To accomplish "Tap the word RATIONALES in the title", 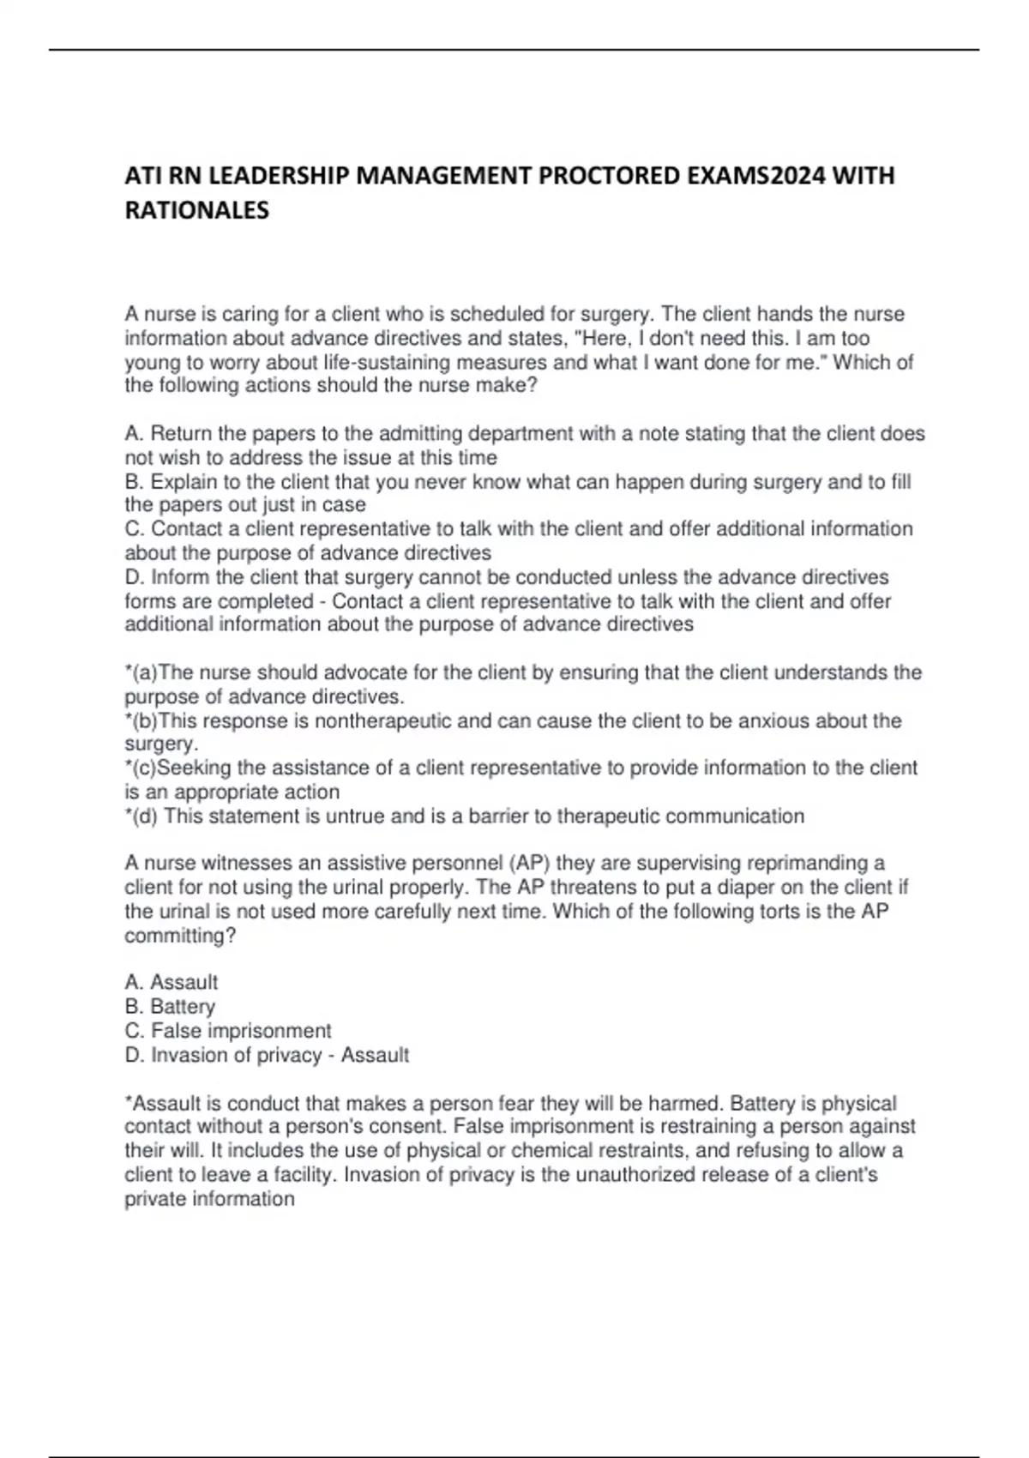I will (196, 210).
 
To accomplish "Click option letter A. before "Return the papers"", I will (135, 434).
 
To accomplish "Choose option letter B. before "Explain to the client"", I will (135, 482).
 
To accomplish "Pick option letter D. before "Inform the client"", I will (135, 577).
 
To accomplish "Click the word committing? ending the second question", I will (180, 936).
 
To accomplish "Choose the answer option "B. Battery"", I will (170, 1007).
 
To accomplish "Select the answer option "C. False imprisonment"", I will (227, 1031).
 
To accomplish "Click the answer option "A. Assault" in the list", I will (171, 982).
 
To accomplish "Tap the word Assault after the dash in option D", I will (375, 1055).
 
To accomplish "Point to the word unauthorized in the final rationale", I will (635, 1174).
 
